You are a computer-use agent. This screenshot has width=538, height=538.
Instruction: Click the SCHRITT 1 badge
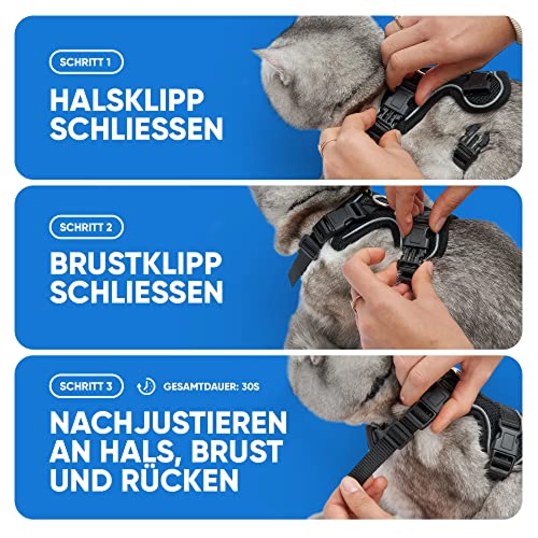click(x=86, y=62)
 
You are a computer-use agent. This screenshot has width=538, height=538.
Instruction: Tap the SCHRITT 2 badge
click(x=86, y=227)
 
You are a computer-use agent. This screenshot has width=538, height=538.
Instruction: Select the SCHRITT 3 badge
click(x=86, y=386)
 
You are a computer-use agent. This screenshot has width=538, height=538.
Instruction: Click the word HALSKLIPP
click(x=128, y=100)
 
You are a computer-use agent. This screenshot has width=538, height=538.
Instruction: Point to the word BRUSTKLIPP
click(x=136, y=264)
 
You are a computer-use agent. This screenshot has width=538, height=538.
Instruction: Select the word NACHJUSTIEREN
click(x=168, y=424)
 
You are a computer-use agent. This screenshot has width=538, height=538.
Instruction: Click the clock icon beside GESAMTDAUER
click(x=146, y=387)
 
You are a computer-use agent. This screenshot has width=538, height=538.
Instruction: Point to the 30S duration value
click(x=250, y=387)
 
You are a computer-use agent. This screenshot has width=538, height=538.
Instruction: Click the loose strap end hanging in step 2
click(x=295, y=271)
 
